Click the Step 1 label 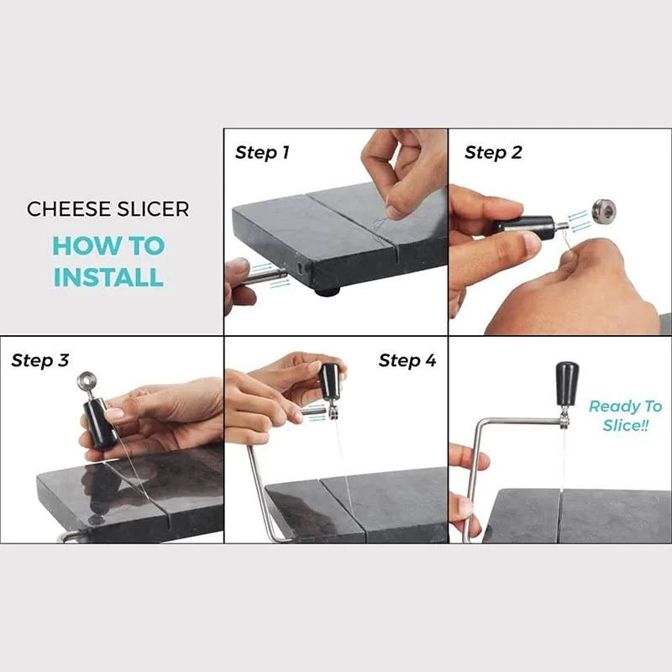[x=262, y=153]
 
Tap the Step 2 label [x=493, y=153]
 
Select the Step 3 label [x=39, y=361]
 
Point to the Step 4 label [x=407, y=361]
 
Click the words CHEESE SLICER [x=107, y=209]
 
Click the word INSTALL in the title [x=108, y=276]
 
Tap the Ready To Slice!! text [x=625, y=416]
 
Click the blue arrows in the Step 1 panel [x=280, y=283]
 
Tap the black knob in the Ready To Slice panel [x=567, y=382]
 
